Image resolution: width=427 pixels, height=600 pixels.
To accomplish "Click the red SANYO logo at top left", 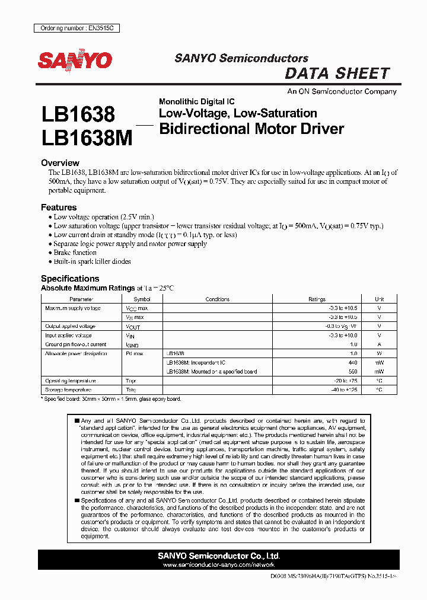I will pos(75,60).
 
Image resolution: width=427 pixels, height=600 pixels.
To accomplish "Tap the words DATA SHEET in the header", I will pos(337,74).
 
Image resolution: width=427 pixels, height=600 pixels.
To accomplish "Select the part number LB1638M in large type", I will pos(87,138).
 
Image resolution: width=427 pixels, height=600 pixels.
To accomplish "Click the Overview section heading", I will pos(60,162).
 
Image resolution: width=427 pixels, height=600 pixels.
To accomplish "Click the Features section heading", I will pos(59,208).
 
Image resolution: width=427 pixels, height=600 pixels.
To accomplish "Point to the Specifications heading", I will pos(70,278).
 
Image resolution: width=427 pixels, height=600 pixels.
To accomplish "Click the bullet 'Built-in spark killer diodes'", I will pos(92,261).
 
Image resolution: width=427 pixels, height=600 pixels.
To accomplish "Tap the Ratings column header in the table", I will pos(317,299).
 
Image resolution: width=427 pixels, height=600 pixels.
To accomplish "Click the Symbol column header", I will pos(142,299).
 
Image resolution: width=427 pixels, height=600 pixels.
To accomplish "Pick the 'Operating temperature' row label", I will pos(71,381).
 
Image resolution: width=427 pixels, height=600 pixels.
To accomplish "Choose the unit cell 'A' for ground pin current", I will pos(379,344).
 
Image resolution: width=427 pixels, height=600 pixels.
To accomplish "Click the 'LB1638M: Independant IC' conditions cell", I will pos(196,362).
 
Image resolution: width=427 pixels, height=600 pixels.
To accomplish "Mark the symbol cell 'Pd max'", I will pos(134,353).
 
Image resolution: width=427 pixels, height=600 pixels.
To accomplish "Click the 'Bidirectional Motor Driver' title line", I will pos(251,129).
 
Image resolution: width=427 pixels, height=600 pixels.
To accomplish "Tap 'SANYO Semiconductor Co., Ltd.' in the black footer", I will pos(219,556).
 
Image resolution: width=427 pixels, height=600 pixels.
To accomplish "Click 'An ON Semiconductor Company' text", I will pos(342,92).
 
